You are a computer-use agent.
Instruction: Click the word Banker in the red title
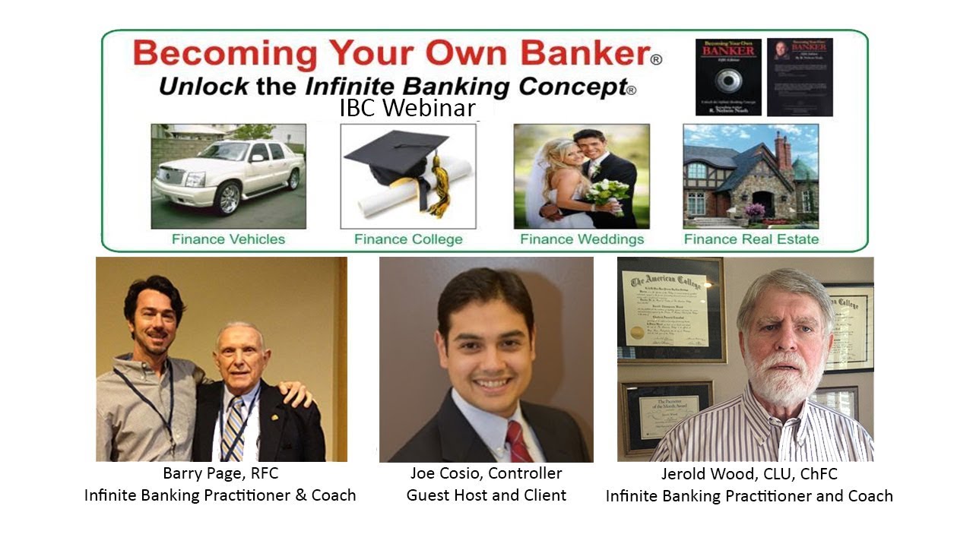(577, 55)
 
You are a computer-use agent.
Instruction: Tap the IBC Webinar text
(407, 108)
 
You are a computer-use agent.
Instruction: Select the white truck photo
(228, 176)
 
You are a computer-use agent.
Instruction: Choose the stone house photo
(750, 176)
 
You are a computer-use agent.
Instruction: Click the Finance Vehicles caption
(228, 239)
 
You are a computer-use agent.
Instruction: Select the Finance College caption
(408, 239)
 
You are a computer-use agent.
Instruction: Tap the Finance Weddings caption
(582, 239)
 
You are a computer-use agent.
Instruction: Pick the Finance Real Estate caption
(751, 239)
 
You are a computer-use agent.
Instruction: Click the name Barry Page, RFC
(220, 473)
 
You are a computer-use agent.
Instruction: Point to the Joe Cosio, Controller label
(486, 473)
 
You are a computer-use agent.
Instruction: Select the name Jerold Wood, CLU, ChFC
(749, 473)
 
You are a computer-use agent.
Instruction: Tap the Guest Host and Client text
(486, 495)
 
